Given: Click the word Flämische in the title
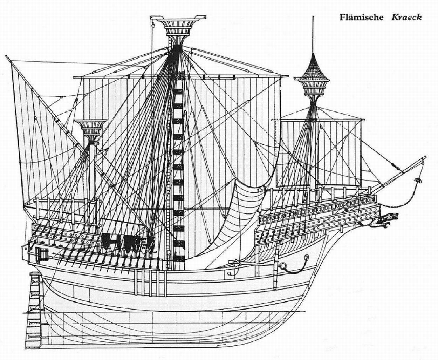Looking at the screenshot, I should [361, 17].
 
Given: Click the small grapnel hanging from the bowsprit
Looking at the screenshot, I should [417, 180].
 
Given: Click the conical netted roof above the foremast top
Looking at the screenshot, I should [313, 68].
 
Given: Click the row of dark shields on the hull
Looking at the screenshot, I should [128, 242].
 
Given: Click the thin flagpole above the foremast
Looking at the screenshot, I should [313, 33].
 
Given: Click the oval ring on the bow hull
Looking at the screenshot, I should [306, 258].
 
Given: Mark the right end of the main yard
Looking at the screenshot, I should [287, 76].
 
